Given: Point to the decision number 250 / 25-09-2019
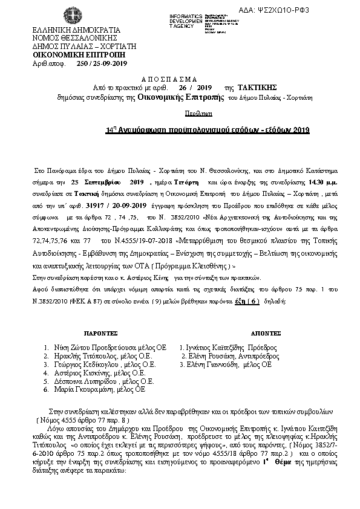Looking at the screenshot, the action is pos(102,63).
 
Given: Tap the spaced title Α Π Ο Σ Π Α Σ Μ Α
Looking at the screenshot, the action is pos(171,79).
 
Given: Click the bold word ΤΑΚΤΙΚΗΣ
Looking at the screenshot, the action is pos(258,87).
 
